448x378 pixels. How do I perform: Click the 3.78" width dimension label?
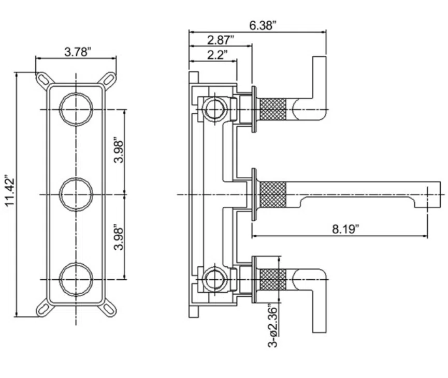tap(78, 52)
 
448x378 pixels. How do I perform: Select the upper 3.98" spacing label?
tap(119, 152)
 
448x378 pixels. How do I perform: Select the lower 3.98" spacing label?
tap(119, 239)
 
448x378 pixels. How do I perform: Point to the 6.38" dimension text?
tap(263, 25)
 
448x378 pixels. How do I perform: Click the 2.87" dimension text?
tap(221, 40)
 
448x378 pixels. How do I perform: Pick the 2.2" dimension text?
tap(218, 54)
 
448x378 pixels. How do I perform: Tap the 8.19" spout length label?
tap(345, 229)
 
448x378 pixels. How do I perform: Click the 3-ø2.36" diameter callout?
tap(273, 326)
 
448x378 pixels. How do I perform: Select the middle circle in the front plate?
tap(76, 178)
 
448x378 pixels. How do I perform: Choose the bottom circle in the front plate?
tap(76, 263)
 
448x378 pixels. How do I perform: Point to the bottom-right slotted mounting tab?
tap(109, 309)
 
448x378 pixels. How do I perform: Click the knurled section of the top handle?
tap(273, 109)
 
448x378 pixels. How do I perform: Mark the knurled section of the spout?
tap(273, 194)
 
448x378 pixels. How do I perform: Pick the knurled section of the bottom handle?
tap(273, 279)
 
